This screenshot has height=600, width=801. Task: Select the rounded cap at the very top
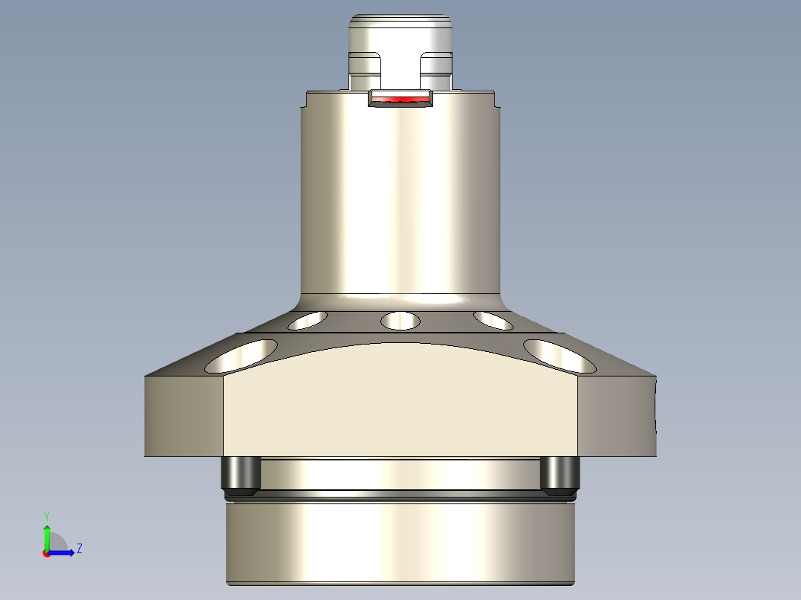click(400, 33)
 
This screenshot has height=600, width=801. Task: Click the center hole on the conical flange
click(400, 322)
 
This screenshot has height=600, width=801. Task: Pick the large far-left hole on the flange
click(242, 356)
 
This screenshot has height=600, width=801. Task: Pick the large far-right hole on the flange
click(559, 356)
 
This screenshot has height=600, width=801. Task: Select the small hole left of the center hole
click(308, 321)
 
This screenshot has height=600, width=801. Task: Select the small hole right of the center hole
click(493, 321)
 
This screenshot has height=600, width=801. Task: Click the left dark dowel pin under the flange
click(240, 476)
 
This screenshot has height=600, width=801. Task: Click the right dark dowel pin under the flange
click(560, 476)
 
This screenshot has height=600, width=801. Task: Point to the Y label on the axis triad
click(46, 515)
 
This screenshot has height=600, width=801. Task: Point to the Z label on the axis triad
click(79, 549)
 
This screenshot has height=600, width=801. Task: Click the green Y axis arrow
click(46, 536)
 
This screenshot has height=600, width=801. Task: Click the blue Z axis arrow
click(64, 552)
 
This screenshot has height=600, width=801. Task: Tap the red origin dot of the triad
click(46, 553)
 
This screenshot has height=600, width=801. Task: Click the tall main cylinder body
click(401, 200)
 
